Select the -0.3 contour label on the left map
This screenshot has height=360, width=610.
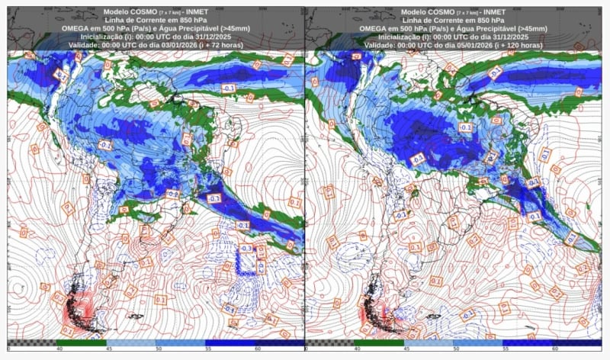click(x=246, y=249)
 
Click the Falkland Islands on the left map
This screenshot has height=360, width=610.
click(x=136, y=316)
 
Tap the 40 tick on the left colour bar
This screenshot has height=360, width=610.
click(x=59, y=348)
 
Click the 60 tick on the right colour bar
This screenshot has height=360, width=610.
click(x=554, y=348)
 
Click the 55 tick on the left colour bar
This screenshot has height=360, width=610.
click(x=207, y=348)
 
